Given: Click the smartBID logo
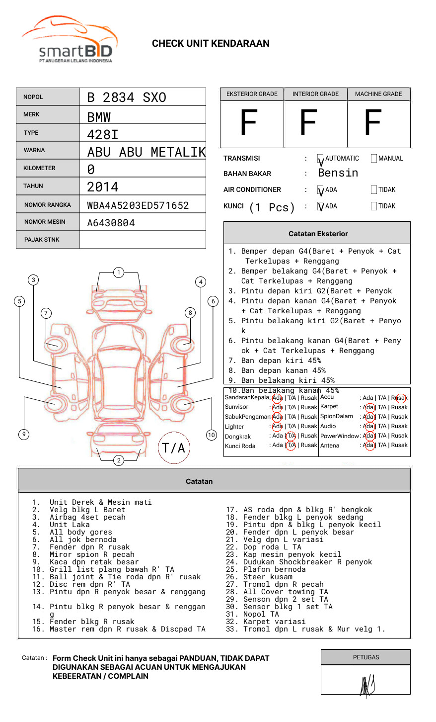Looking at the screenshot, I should tap(70, 40).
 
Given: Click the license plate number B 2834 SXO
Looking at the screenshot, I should tap(127, 97).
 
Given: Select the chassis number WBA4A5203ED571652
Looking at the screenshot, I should tap(138, 205).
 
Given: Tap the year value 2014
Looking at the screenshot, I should tap(103, 187).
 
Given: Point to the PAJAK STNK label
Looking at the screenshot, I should tap(42, 240).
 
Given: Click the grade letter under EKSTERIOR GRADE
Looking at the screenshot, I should tap(248, 123).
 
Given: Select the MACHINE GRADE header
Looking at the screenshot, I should tap(378, 94).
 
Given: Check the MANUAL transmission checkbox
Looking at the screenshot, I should tap(374, 159).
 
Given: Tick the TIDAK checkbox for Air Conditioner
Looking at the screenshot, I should tap(374, 190).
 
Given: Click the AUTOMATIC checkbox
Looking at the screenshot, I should tap(321, 159).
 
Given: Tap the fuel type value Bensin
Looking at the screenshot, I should tap(338, 173).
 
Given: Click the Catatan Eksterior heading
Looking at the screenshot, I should tap(318, 234).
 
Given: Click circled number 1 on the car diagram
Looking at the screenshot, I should tap(118, 272).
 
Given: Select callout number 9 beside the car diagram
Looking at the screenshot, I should tap(24, 434).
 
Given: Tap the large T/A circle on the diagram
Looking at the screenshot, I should tap(173, 448).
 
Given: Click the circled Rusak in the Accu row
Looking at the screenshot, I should tap(400, 398).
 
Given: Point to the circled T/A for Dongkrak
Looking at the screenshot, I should tap(291, 436).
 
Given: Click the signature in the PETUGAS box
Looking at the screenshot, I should tap(367, 686).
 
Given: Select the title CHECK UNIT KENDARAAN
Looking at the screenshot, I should tap(211, 44).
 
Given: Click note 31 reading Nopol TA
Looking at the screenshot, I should tap(261, 614).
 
